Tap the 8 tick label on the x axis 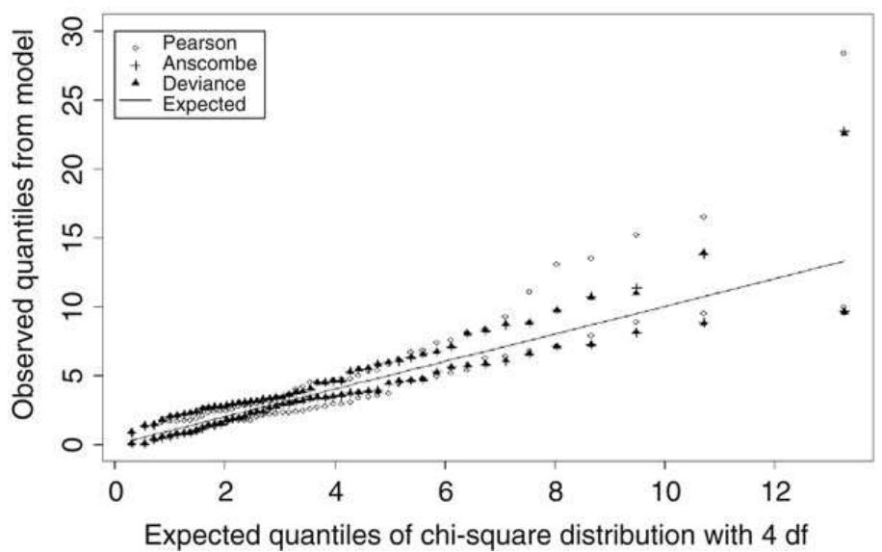(x=555, y=489)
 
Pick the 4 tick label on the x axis (x=335, y=489)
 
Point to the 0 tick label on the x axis (x=115, y=489)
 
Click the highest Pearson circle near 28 (x=843, y=53)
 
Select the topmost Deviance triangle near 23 (x=844, y=132)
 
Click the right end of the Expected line (x=844, y=261)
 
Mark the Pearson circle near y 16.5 (x=703, y=217)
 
